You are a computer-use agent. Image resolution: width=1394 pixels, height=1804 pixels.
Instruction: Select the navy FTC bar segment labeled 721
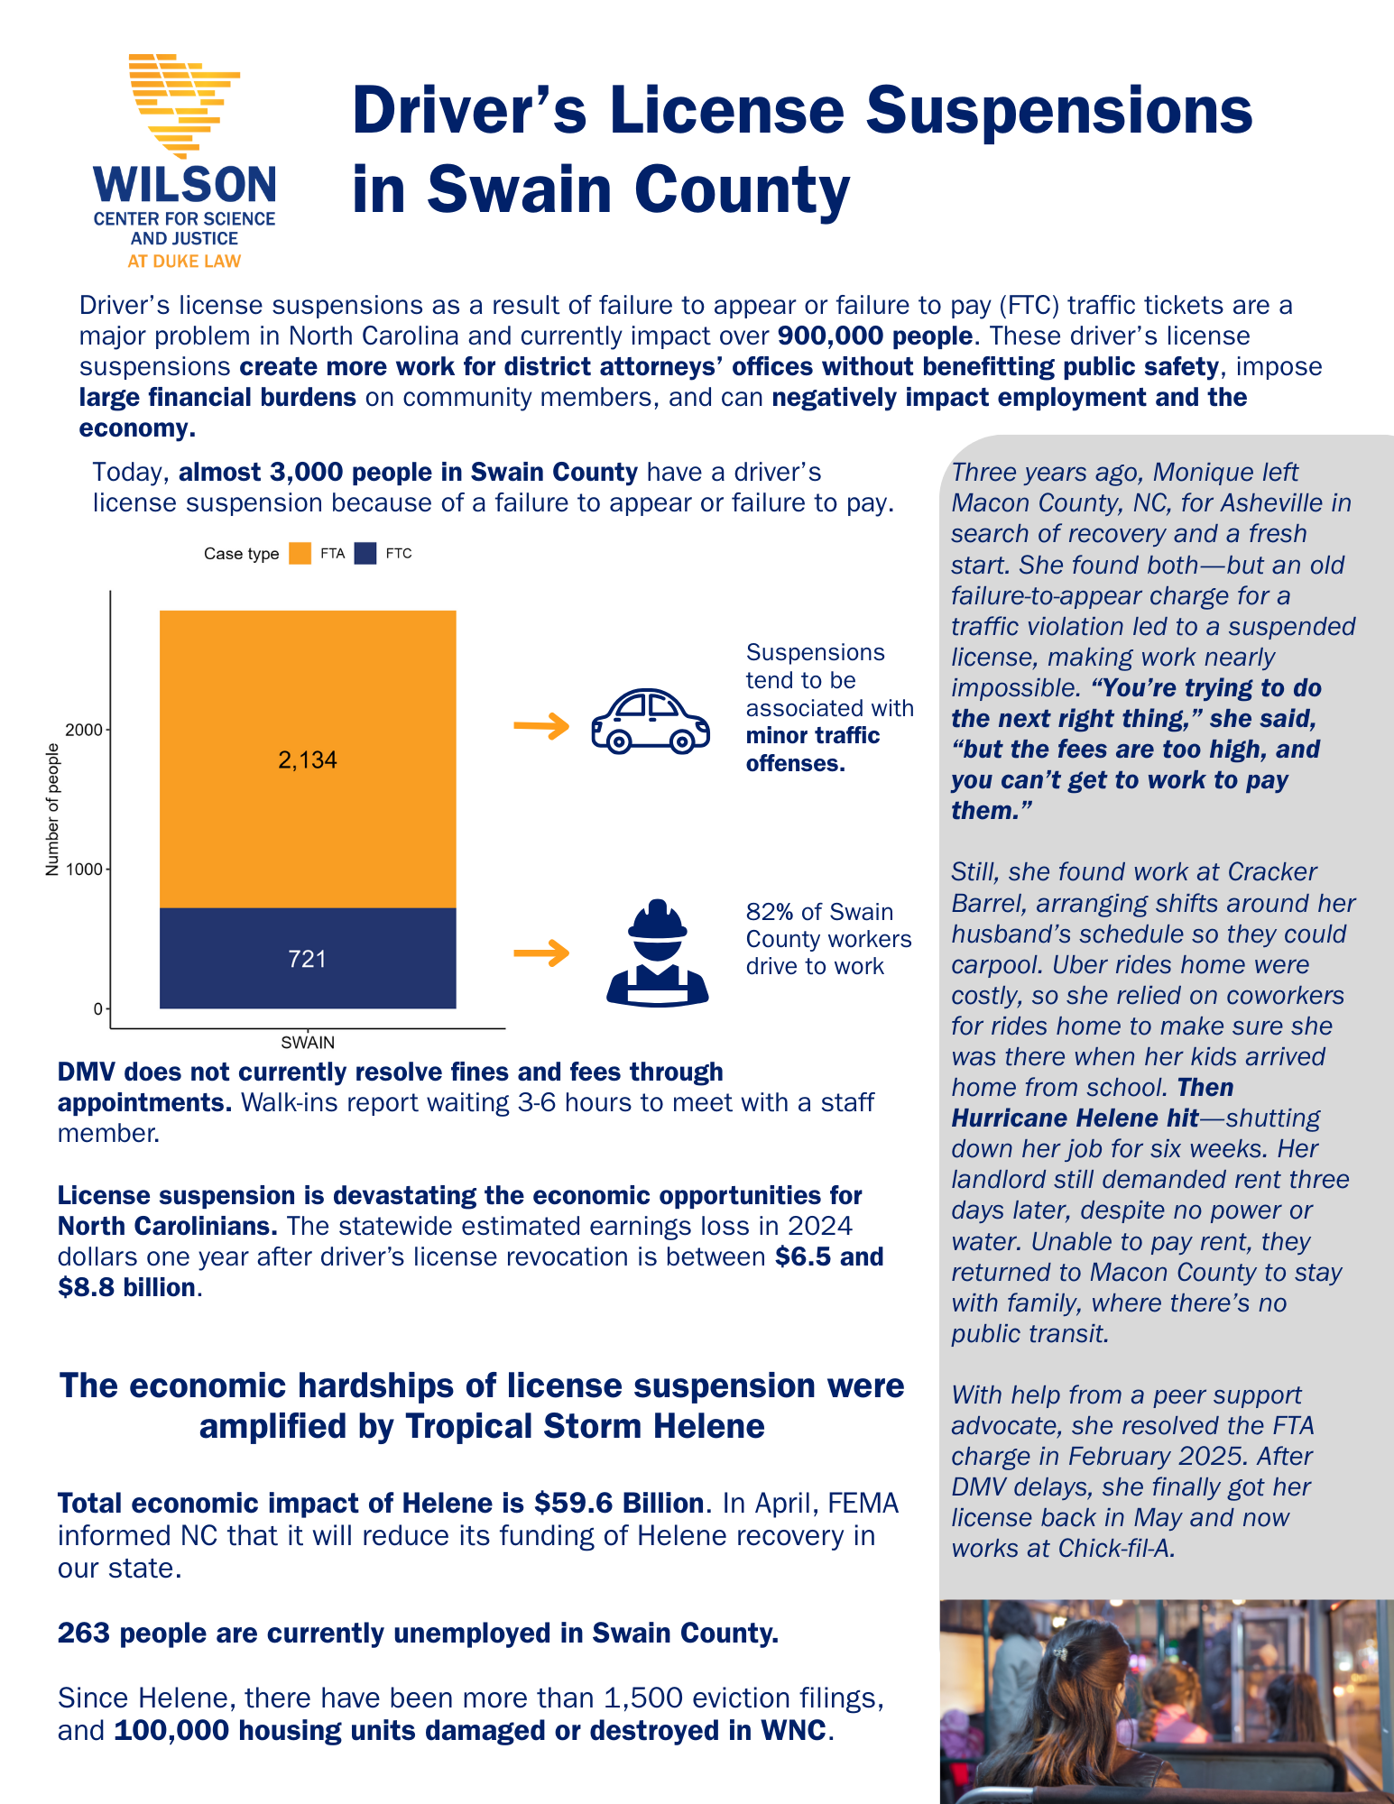point(308,958)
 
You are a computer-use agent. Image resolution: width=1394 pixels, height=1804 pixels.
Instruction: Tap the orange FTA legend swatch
point(300,554)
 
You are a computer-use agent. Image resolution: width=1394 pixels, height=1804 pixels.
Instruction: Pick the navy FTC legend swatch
point(365,554)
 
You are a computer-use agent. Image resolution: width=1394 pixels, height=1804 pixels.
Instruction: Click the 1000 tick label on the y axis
point(85,870)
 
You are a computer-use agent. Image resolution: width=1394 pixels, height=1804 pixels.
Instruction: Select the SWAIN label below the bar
point(308,1043)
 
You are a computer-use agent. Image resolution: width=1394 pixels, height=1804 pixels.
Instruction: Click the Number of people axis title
point(52,809)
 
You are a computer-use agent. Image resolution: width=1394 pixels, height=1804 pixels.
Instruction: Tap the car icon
point(650,722)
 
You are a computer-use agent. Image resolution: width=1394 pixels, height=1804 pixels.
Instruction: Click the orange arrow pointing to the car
point(541,725)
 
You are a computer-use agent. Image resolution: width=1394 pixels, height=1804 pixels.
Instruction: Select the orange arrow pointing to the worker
point(541,953)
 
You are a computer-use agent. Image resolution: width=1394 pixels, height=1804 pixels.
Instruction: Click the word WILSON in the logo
point(185,186)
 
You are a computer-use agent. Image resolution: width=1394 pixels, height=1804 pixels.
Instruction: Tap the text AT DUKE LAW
point(184,262)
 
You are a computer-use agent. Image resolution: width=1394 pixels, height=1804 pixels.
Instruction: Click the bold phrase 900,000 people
point(874,336)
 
